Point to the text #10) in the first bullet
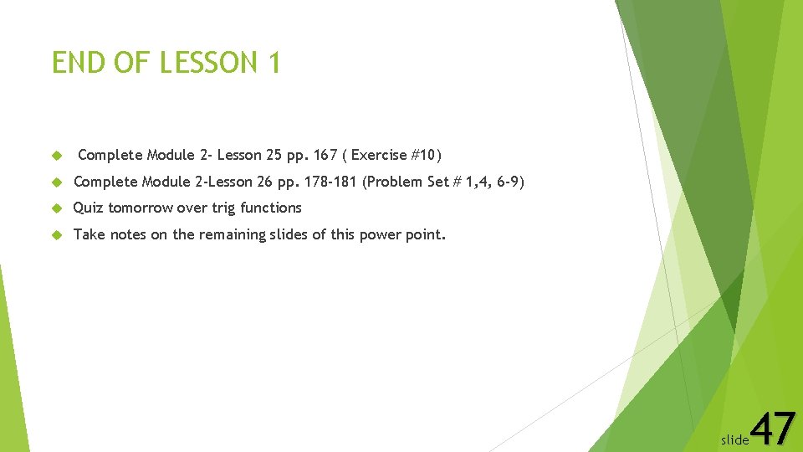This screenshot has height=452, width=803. pyautogui.click(x=424, y=155)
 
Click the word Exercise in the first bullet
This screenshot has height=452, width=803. pyautogui.click(x=381, y=155)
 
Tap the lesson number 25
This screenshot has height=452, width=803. pyautogui.click(x=273, y=155)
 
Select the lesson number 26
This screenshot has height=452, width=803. pyautogui.click(x=265, y=182)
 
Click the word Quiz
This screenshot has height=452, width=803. pyautogui.click(x=89, y=208)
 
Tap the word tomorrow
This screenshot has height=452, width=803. pyautogui.click(x=141, y=208)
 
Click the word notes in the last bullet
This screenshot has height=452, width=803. pyautogui.click(x=128, y=234)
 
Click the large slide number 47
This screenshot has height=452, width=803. pyautogui.click(x=773, y=429)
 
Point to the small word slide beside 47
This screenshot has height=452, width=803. pyautogui.click(x=735, y=439)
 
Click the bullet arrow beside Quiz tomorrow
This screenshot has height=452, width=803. pyautogui.click(x=58, y=208)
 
